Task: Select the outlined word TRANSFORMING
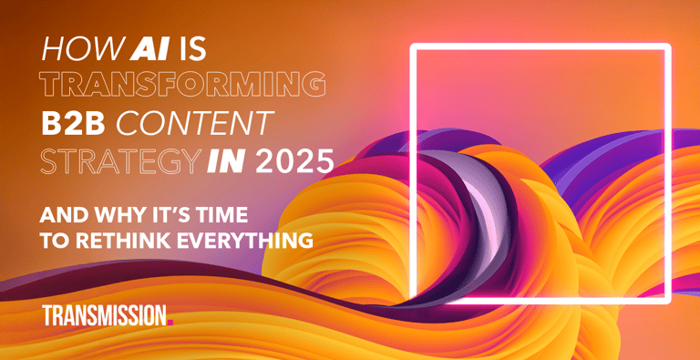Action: point(183,85)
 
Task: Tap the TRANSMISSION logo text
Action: point(103,315)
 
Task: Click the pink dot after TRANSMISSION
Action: point(170,322)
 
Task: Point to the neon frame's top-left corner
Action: point(414,47)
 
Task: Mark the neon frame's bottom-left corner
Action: point(414,300)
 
